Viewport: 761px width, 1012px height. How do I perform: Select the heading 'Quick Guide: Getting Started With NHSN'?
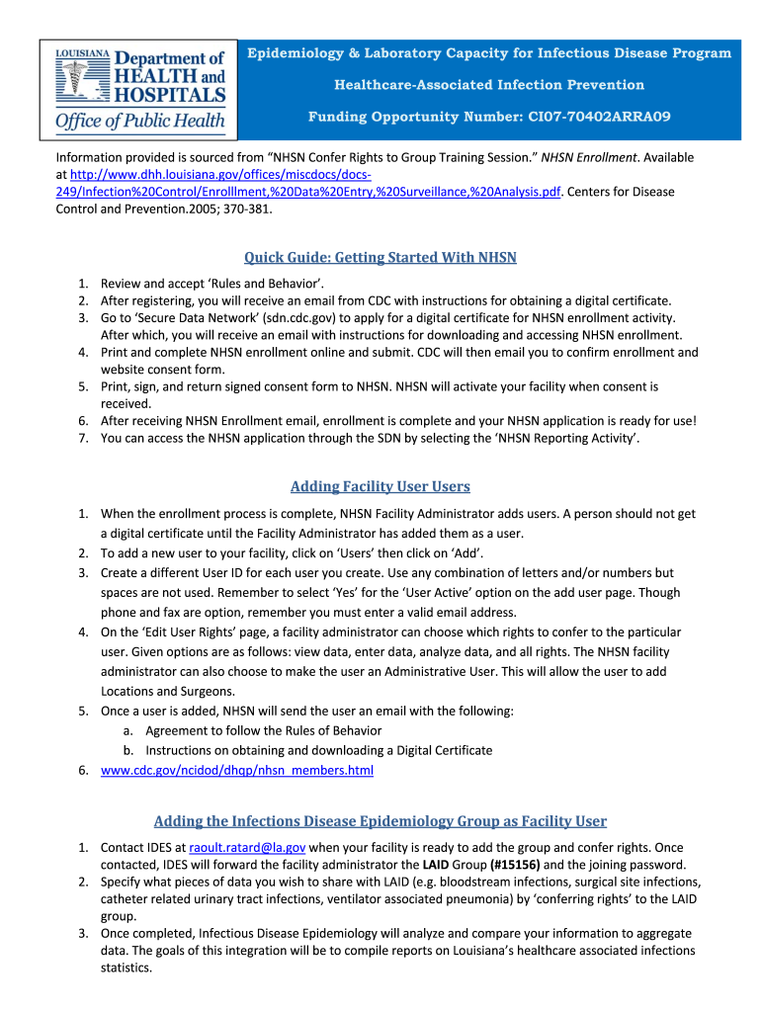(x=380, y=258)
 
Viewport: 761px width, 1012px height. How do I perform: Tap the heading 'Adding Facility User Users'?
(x=380, y=486)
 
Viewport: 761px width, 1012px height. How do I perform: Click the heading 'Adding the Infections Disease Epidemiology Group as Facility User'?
(x=380, y=821)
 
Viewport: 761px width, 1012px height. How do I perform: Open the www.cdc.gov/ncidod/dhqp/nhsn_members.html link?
(x=237, y=771)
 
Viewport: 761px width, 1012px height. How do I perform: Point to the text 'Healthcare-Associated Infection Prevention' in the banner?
(x=489, y=85)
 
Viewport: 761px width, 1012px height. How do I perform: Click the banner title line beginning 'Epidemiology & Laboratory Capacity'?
(x=489, y=53)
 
